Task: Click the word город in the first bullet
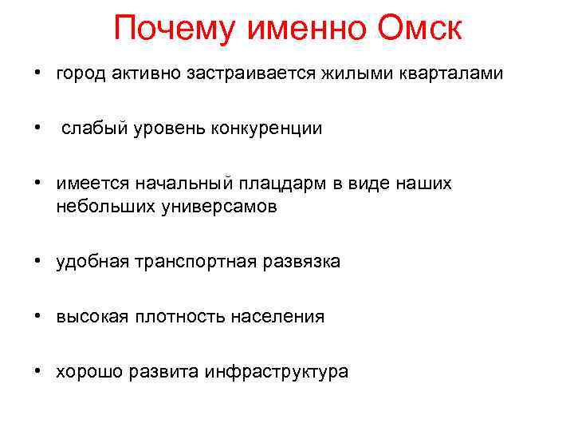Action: pyautogui.click(x=81, y=74)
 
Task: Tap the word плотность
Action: pyautogui.click(x=184, y=316)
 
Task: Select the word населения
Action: pyautogui.click(x=277, y=316)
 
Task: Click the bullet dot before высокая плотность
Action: pyautogui.click(x=38, y=316)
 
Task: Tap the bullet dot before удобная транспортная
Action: pyautogui.click(x=38, y=261)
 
